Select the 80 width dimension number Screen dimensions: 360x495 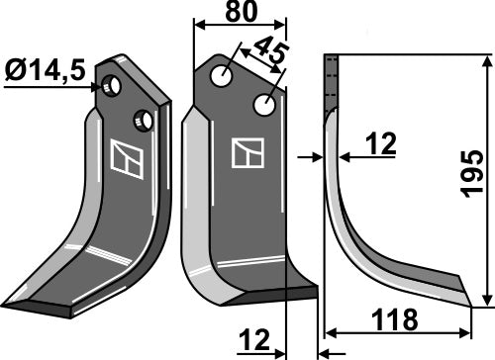pyautogui.click(x=239, y=13)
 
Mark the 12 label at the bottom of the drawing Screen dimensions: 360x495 pyautogui.click(x=255, y=341)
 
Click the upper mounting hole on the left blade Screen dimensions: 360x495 pyautogui.click(x=115, y=87)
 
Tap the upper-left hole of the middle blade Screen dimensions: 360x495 pyautogui.click(x=227, y=74)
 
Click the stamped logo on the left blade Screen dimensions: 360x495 pyautogui.click(x=125, y=160)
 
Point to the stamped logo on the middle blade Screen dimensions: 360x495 pyautogui.click(x=246, y=152)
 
